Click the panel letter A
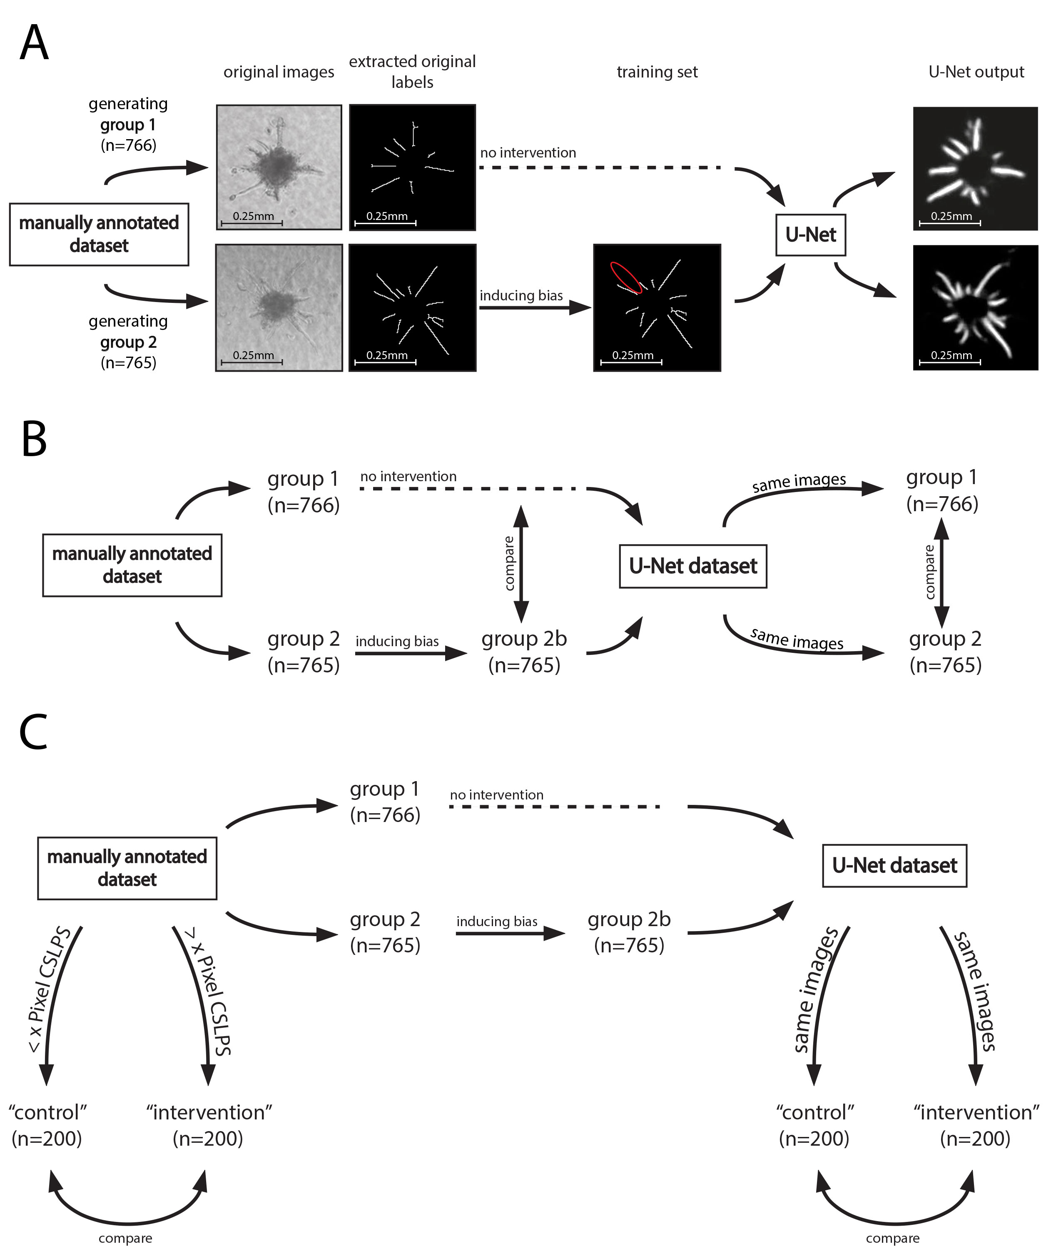(x=34, y=43)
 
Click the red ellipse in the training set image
(x=626, y=277)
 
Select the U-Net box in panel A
(x=810, y=235)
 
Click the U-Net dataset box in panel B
(x=693, y=566)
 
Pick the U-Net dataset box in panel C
(x=894, y=866)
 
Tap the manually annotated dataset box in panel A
(x=99, y=234)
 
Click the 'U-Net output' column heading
(x=976, y=72)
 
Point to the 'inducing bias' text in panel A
(x=521, y=295)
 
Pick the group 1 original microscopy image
(x=279, y=167)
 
